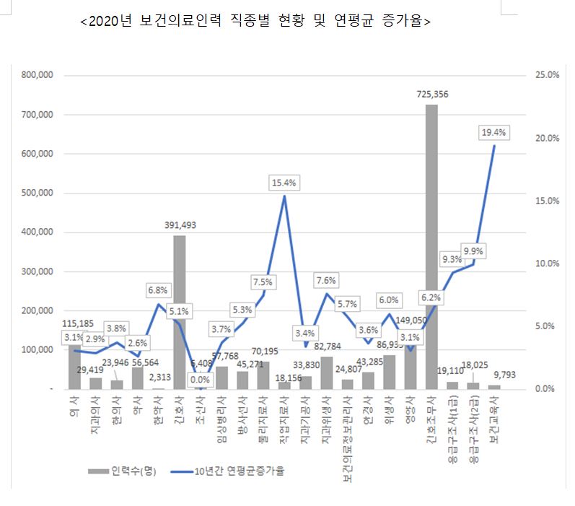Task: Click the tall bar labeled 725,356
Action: point(431,245)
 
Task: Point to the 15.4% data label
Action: point(284,183)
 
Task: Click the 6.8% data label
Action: point(158,290)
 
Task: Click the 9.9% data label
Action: point(474,250)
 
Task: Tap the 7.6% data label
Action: point(325,280)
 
